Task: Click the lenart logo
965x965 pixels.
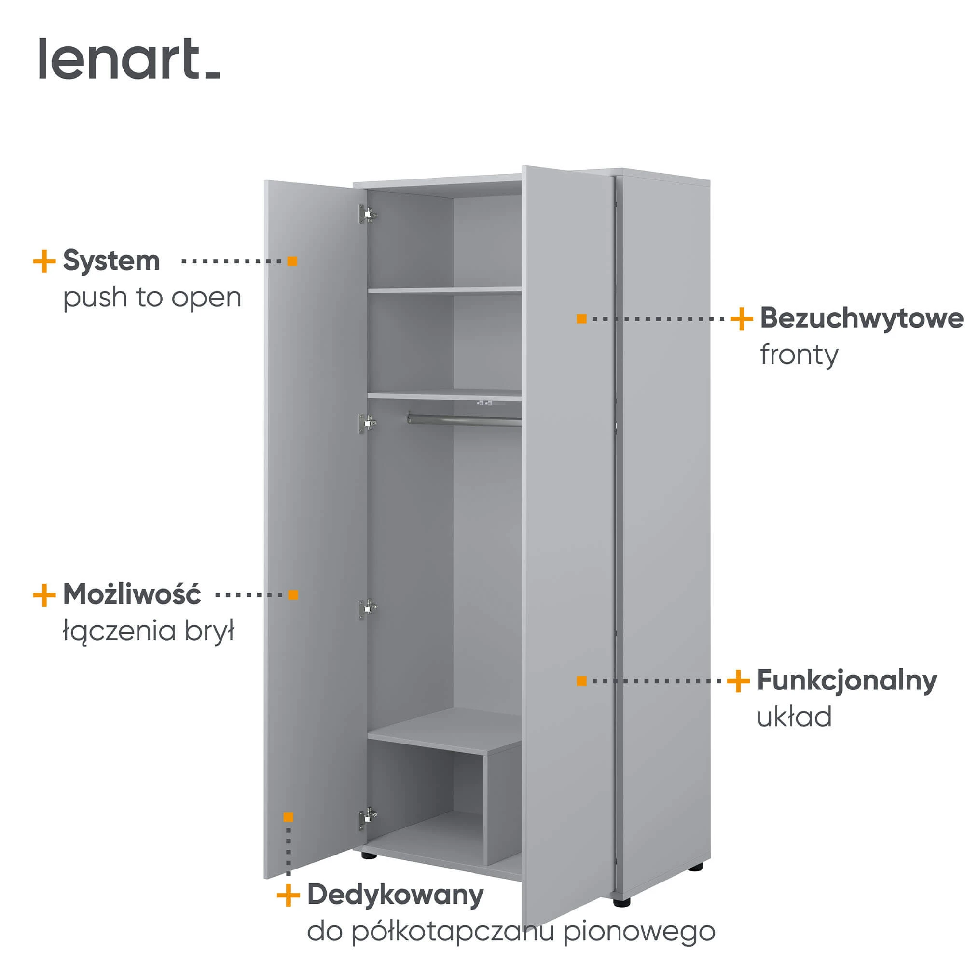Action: [129, 58]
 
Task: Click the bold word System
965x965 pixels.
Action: [111, 261]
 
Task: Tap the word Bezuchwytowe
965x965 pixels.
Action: [862, 318]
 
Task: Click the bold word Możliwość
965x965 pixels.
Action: [132, 594]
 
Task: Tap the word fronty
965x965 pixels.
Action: [799, 356]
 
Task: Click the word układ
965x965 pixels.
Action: [794, 717]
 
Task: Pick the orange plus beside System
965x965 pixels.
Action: [44, 261]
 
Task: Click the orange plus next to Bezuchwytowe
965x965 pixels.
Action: [741, 318]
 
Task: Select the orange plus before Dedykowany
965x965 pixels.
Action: [288, 895]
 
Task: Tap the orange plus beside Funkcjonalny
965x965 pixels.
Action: [738, 681]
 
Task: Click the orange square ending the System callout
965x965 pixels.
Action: [292, 261]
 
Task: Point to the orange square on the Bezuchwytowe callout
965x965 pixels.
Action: [581, 318]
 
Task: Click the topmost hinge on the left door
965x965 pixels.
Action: [368, 214]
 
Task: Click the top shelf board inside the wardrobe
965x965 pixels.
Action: [444, 289]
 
